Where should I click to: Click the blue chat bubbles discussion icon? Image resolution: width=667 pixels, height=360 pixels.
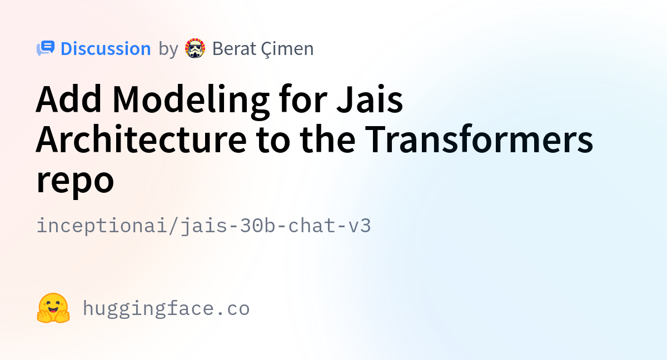tap(46, 48)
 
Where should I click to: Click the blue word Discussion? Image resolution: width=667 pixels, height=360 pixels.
tap(106, 48)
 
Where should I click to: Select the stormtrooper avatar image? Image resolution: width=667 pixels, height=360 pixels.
tap(195, 48)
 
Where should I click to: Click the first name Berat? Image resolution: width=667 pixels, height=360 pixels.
tap(234, 48)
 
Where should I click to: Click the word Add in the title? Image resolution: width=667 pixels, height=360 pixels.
tap(68, 99)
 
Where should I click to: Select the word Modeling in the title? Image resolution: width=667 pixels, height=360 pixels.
tap(191, 102)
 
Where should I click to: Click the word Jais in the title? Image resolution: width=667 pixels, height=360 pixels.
tap(370, 99)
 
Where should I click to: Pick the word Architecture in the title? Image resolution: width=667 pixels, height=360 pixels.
tap(141, 139)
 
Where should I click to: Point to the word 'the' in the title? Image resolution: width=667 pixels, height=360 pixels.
tap(327, 139)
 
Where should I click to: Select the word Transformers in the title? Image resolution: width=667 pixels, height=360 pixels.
tap(479, 139)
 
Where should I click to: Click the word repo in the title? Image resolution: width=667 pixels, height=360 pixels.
tap(75, 182)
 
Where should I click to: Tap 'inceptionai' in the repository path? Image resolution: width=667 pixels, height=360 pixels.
tap(101, 226)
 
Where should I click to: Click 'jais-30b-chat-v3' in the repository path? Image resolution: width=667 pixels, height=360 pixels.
tap(276, 226)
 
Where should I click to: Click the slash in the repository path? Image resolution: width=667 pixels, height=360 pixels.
tap(173, 226)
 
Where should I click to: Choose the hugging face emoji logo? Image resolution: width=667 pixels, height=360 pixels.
tap(53, 308)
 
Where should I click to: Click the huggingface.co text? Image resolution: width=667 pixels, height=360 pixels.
tap(166, 308)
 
